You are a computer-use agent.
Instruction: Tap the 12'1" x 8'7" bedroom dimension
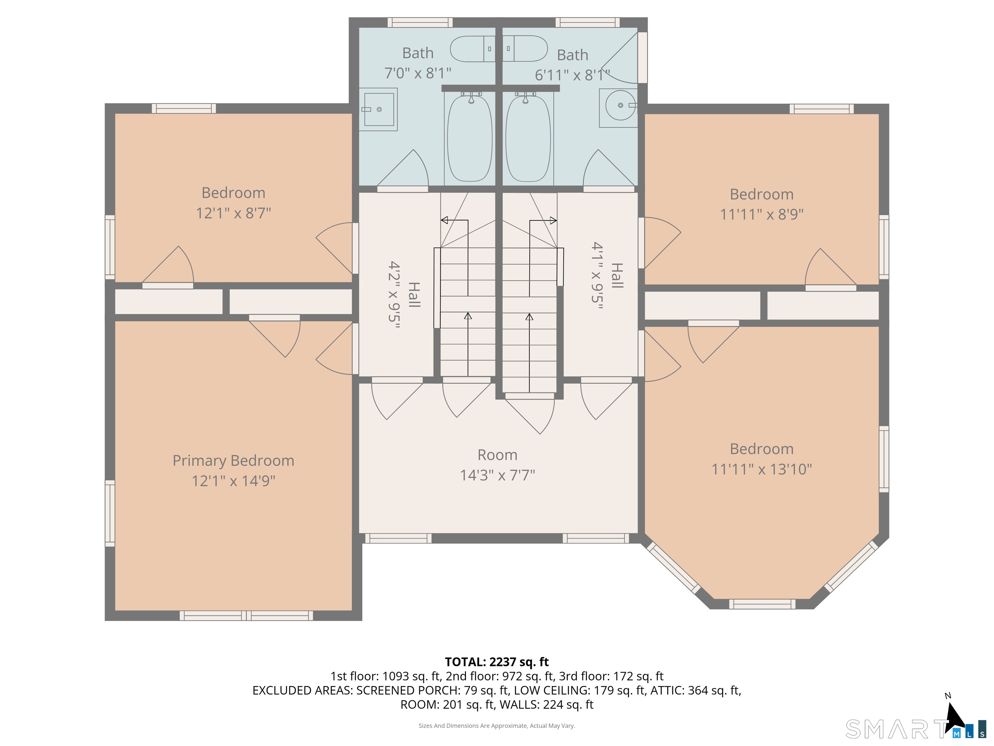point(233,213)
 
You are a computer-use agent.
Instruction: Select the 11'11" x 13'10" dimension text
point(762,469)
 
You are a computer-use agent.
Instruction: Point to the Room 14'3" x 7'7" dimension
point(497,475)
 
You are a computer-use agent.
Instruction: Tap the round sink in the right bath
point(619,105)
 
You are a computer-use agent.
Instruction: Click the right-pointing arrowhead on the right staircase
point(554,220)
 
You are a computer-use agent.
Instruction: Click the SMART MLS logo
point(916,729)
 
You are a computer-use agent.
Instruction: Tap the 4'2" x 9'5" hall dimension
point(394,295)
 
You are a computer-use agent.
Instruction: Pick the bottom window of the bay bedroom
point(762,604)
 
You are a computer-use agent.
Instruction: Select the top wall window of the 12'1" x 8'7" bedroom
point(184,108)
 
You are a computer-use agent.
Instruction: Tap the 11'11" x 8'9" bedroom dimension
point(762,214)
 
